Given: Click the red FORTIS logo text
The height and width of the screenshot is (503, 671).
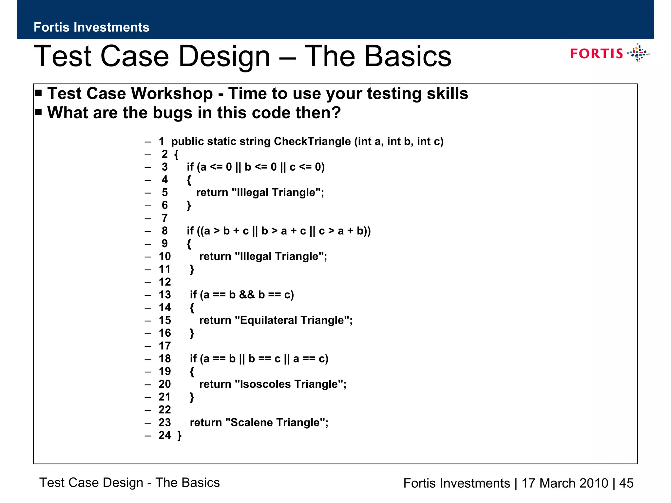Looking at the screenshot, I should pos(596,53).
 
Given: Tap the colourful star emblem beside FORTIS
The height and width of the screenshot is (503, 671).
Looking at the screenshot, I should pos(638,53).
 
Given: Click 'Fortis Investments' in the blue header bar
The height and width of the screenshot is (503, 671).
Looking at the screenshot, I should pos(91,27).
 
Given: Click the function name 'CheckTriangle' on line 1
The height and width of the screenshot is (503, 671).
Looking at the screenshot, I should pos(312,141).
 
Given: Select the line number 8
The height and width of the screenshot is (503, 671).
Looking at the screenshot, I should pos(164,231).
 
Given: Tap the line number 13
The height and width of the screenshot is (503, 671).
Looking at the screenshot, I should pos(165,295).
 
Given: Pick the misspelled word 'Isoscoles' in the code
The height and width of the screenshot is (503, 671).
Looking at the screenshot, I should pos(265,384).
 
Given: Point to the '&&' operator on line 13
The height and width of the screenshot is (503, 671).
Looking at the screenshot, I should pos(247,295).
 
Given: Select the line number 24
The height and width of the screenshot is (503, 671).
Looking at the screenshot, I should pos(165,435).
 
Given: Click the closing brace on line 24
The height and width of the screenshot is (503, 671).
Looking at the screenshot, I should pos(179,436).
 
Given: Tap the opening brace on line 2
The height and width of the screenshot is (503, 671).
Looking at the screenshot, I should pos(177,155).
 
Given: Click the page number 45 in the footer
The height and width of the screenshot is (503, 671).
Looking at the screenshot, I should pos(626,483).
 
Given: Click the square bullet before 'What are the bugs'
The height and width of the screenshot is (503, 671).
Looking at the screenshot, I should pos(39,112).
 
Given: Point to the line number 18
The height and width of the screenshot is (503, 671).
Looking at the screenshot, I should pos(165,359).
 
